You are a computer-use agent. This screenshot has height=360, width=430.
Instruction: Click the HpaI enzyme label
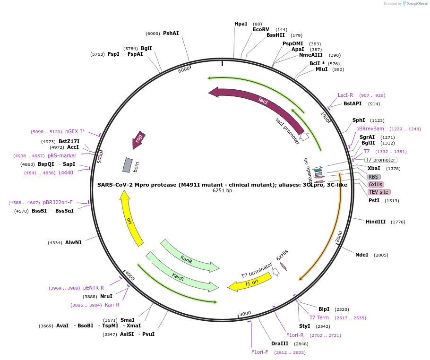click(x=241, y=24)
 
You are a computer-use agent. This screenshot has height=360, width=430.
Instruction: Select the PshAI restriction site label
click(x=171, y=34)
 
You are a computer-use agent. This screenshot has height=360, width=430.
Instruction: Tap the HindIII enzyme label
click(x=376, y=222)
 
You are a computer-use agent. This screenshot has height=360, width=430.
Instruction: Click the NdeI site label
click(x=361, y=255)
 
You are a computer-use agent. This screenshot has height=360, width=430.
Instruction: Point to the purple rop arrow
click(x=138, y=139)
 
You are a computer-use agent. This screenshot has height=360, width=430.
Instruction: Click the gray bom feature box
click(x=127, y=165)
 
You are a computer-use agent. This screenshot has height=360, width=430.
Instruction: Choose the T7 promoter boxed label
click(x=380, y=160)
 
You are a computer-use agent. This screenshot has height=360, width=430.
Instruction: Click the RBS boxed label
click(x=373, y=177)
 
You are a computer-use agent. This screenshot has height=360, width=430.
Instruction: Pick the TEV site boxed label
click(x=378, y=192)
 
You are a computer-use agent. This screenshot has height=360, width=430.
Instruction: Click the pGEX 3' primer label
click(x=75, y=132)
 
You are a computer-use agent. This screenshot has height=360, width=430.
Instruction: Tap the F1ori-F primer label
click(x=259, y=352)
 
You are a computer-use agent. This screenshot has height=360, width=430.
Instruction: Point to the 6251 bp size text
click(x=222, y=191)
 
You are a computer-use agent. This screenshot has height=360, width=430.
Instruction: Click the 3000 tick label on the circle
click(x=245, y=314)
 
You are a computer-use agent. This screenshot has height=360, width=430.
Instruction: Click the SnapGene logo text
click(x=414, y=3)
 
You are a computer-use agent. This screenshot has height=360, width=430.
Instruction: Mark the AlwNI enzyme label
click(x=73, y=242)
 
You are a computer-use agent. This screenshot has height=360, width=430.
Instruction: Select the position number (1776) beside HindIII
click(x=398, y=222)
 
